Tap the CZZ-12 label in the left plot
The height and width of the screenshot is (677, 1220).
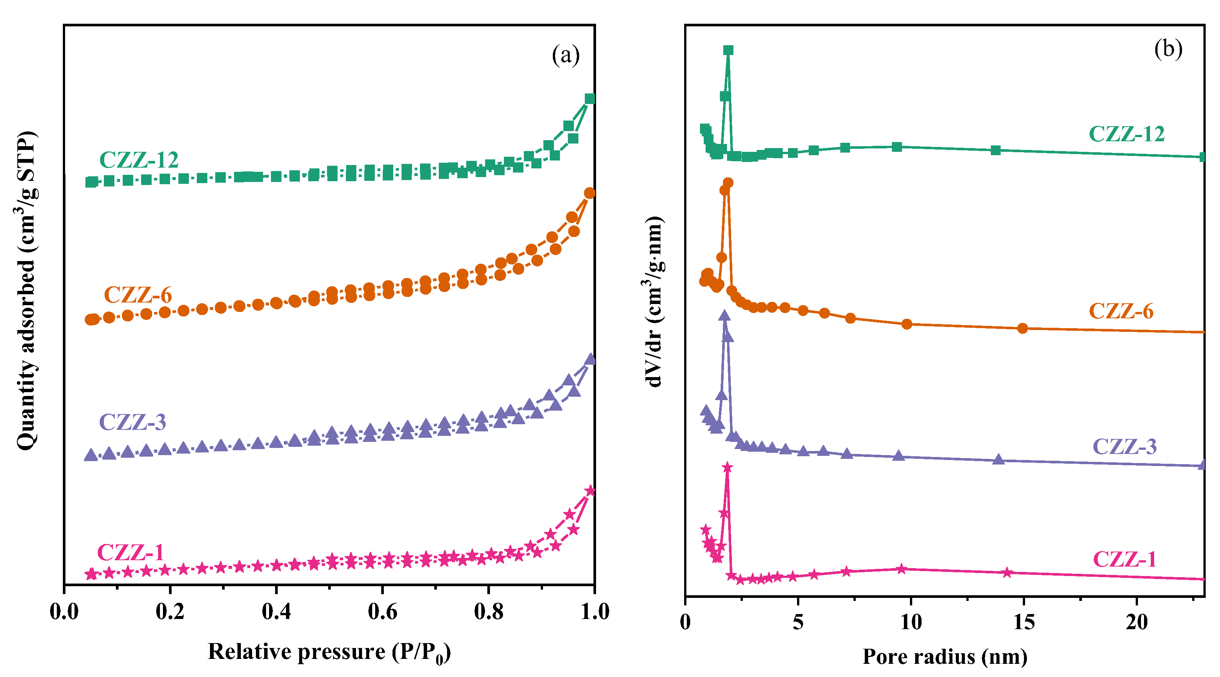coord(139,160)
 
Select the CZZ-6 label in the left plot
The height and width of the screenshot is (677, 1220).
coord(138,295)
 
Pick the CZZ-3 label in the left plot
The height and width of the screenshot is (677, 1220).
coord(132,422)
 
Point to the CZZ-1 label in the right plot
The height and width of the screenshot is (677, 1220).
coord(1124,559)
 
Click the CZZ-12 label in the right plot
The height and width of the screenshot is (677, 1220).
coord(1127,134)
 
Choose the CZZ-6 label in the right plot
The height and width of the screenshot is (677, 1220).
coord(1121,312)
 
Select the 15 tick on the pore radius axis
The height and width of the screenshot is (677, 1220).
coord(1024,622)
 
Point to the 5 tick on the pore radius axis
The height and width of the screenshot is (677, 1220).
coord(798,622)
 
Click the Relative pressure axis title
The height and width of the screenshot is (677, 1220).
coord(329,653)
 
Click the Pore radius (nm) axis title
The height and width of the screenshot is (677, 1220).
coord(945,657)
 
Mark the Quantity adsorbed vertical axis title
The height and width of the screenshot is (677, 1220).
coord(26,290)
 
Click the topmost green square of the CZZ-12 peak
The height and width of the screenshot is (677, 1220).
coord(729,50)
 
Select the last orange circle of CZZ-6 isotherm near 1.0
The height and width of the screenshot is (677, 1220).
coord(590,193)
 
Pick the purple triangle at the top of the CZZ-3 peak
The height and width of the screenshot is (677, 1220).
coord(724,316)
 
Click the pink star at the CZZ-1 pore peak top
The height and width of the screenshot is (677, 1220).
coord(727,468)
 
